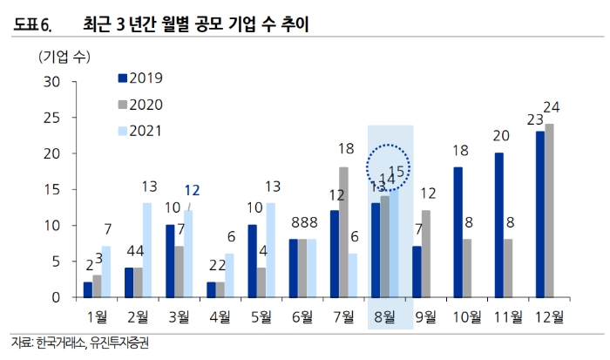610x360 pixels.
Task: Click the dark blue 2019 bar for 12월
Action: tap(540, 214)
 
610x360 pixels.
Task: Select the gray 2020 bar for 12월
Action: tap(549, 211)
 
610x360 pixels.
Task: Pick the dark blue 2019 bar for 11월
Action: tap(499, 225)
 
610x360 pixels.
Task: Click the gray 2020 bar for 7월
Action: tap(343, 232)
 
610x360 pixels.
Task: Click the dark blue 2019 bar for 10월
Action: tap(457, 232)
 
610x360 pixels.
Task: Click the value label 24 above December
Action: tap(551, 108)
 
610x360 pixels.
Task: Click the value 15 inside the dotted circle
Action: tap(396, 172)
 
